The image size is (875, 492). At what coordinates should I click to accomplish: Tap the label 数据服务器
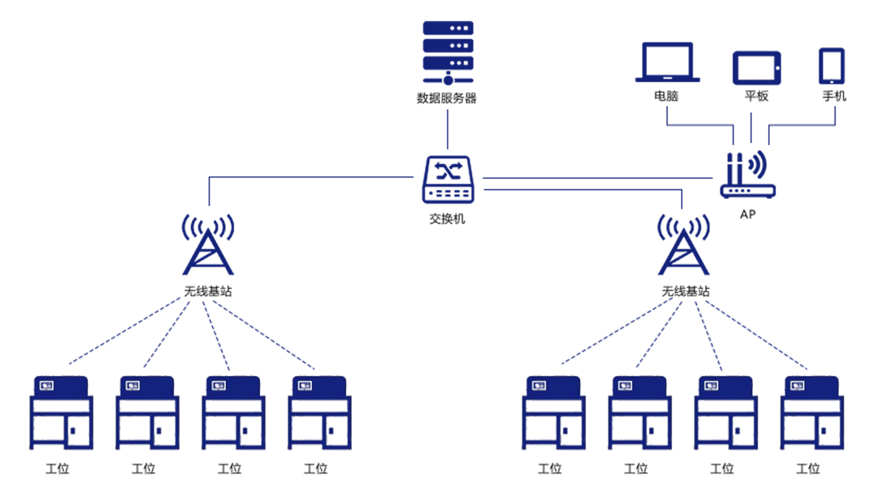[447, 98]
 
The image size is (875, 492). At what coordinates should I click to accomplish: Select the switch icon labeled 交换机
[448, 180]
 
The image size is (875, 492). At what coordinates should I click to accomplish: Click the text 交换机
[447, 219]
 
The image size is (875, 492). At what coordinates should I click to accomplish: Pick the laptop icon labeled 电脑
[667, 63]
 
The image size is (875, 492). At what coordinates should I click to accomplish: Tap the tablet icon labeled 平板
[757, 68]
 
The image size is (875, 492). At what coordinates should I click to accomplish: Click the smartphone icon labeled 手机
[832, 66]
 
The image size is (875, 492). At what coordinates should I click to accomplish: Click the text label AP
[748, 214]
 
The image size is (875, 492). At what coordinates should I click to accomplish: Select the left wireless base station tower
[208, 246]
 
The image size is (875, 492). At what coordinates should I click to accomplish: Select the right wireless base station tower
[684, 246]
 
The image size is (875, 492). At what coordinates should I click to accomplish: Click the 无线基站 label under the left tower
[208, 291]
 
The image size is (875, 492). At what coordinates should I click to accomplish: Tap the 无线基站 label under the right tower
[685, 291]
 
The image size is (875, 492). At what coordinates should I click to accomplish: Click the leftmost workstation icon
[61, 413]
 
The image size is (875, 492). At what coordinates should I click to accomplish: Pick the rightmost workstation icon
[812, 413]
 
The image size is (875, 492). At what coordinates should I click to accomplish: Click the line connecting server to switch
[448, 130]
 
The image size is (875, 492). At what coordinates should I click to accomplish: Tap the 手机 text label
[834, 96]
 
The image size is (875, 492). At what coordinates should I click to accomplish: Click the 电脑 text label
[666, 96]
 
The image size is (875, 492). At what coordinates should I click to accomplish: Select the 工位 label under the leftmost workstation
[57, 468]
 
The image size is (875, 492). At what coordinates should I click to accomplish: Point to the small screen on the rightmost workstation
[797, 386]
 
